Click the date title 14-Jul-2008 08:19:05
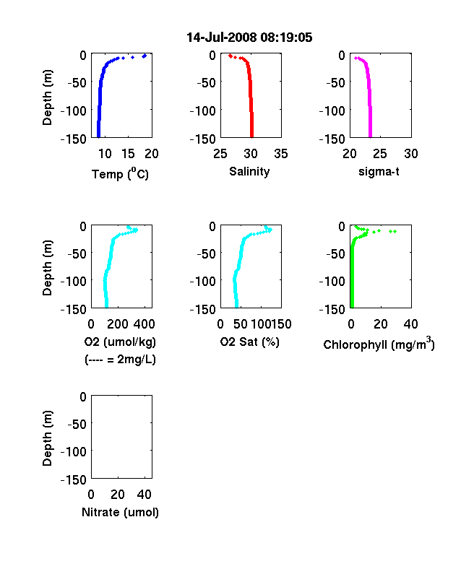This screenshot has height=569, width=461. tap(249, 38)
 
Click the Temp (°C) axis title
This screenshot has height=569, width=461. tap(120, 174)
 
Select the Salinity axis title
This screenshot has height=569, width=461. tap(249, 171)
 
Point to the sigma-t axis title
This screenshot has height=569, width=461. tap(379, 171)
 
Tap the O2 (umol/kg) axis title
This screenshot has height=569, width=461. tap(120, 342)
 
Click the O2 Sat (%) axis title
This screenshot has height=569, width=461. tap(249, 342)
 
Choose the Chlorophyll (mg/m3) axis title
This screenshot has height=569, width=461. tap(379, 344)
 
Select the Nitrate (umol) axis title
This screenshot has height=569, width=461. tap(120, 512)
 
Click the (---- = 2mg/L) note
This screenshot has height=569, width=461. tap(120, 360)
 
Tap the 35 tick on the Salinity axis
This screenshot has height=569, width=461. tap(281, 154)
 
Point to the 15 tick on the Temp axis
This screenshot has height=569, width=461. tap(128, 154)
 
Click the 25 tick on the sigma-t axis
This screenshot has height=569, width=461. tap(380, 154)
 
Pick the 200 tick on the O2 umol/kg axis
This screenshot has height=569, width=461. tap(118, 323)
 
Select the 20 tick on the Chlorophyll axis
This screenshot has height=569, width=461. tap(381, 323)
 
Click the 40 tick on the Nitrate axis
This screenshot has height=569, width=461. tap(144, 494)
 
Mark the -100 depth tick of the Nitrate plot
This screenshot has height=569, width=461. tap(74, 451)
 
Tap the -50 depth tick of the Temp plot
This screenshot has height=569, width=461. tap(77, 83)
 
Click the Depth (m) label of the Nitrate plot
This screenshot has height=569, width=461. tap(47, 438)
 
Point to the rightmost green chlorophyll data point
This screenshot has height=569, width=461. tap(395, 231)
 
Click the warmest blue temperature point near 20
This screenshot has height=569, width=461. tap(145, 56)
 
